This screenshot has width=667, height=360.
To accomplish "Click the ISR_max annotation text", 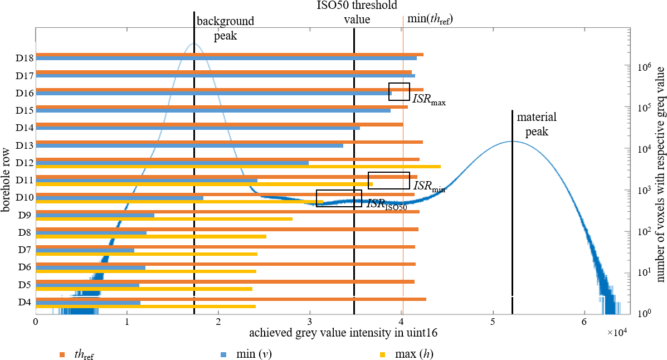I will (x=430, y=100).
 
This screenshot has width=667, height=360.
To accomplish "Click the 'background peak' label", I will (x=225, y=28).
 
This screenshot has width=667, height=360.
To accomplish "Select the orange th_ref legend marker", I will (x=62, y=353).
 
